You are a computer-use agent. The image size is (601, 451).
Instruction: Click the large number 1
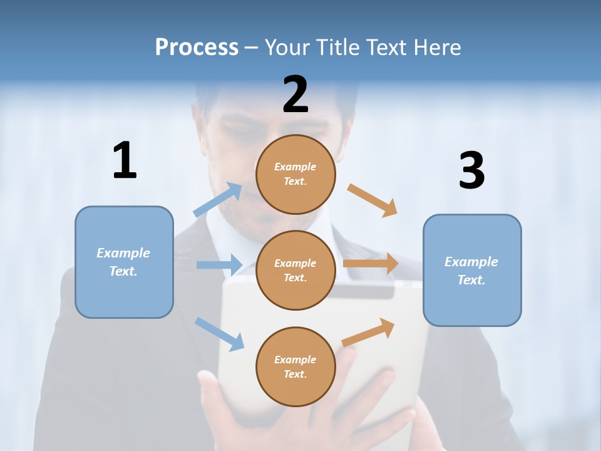125,161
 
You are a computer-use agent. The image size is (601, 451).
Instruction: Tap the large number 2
295,95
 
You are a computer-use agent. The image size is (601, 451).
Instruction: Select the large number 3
471,171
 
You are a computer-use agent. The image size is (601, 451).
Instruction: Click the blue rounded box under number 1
124,262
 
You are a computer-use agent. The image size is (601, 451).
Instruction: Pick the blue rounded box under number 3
472,270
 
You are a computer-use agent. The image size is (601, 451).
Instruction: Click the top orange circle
295,174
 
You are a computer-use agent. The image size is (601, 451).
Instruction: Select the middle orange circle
295,270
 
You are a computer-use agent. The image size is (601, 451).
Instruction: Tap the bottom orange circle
295,366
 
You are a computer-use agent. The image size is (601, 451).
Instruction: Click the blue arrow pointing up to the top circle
218,200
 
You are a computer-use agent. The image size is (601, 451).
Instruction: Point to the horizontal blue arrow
219,265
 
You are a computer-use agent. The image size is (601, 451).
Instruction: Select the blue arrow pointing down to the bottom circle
219,334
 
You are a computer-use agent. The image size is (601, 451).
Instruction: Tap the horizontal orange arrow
371,264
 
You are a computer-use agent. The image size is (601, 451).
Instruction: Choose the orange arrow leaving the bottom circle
368,333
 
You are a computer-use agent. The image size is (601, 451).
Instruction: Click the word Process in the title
197,47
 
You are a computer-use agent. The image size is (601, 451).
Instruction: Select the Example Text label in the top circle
295,174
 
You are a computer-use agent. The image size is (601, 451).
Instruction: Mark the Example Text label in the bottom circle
295,366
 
